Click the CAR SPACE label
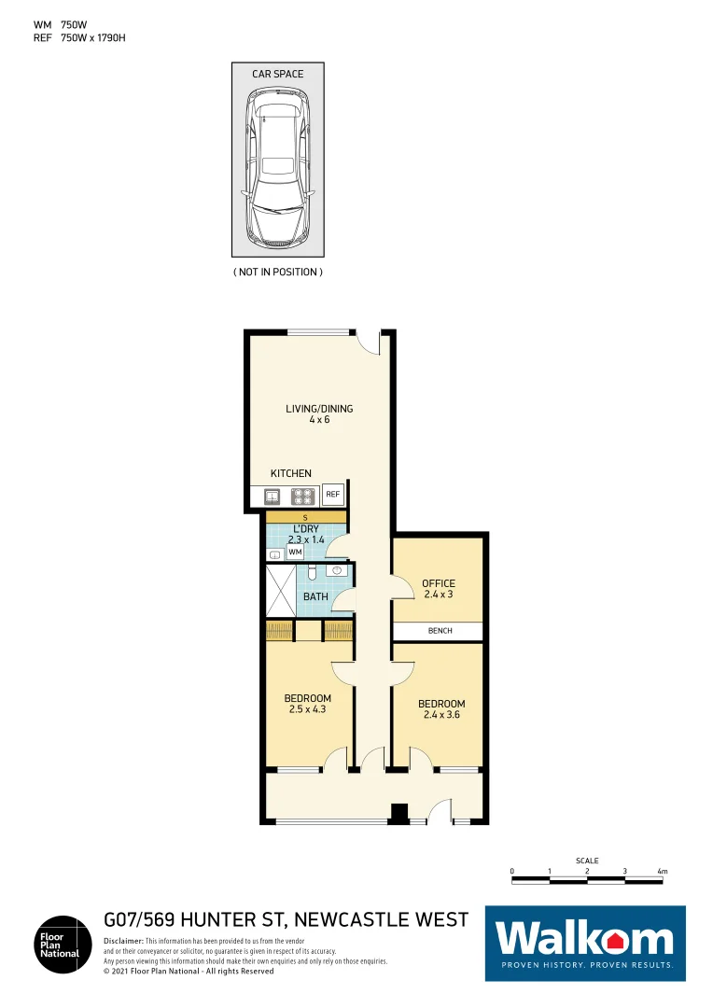click(x=277, y=74)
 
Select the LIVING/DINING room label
click(x=319, y=409)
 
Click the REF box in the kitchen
click(x=332, y=496)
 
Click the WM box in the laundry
click(x=295, y=553)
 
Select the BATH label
click(x=315, y=596)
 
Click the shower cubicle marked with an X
click(x=281, y=590)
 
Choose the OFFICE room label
click(x=439, y=584)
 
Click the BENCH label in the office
click(x=439, y=631)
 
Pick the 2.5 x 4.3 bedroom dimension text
click(x=307, y=709)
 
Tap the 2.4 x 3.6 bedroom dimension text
click(x=440, y=715)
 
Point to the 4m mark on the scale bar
click(x=662, y=872)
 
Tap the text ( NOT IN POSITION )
click(x=277, y=272)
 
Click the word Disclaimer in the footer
click(x=123, y=941)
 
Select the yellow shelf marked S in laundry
click(x=305, y=517)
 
